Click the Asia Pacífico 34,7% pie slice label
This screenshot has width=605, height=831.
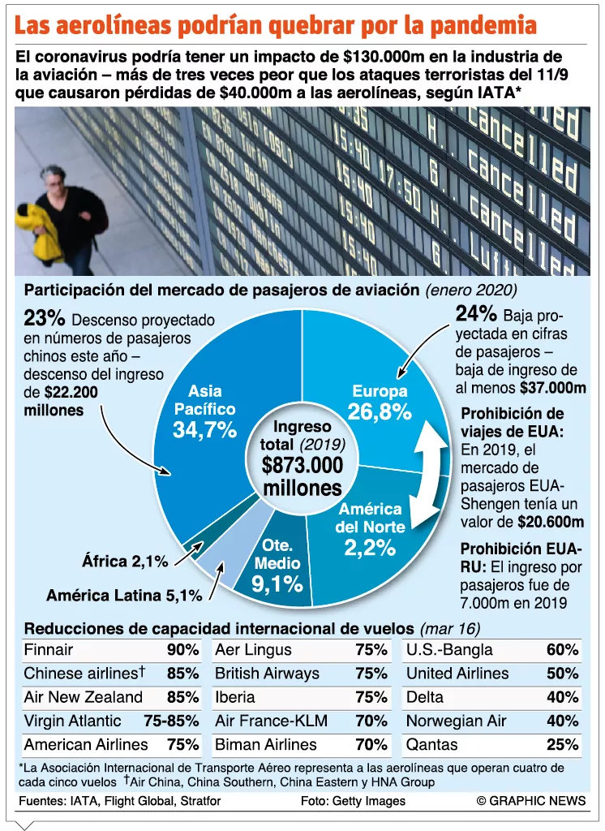(x=205, y=411)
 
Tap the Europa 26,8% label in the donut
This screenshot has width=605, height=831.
(x=380, y=403)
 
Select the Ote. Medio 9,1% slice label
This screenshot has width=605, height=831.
(x=277, y=566)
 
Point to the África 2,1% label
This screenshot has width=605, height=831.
(x=125, y=561)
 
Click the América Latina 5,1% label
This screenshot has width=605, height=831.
(x=124, y=595)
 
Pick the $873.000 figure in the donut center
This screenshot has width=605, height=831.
(x=302, y=465)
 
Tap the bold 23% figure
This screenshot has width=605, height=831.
(x=45, y=318)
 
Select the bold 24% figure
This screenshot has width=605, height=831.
(x=476, y=314)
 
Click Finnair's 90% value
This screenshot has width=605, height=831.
(x=182, y=650)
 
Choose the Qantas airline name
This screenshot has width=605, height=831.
(x=431, y=745)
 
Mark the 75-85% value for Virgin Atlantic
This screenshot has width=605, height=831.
(x=171, y=721)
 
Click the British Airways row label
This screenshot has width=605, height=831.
(x=267, y=674)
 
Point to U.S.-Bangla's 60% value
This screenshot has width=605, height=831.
(x=563, y=650)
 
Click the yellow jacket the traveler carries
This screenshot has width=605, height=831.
(x=37, y=231)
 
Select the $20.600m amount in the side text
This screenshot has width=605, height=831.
(x=551, y=522)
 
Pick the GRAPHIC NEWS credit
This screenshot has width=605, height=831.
(x=531, y=801)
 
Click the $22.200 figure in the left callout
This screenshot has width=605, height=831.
(x=71, y=392)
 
